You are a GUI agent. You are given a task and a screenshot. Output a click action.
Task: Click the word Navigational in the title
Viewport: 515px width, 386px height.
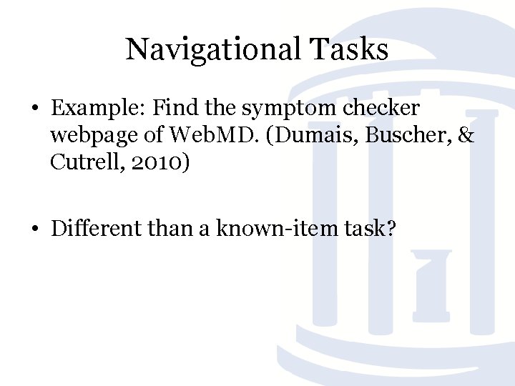pos(214,50)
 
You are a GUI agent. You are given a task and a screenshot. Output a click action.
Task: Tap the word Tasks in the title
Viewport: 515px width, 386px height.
pos(350,50)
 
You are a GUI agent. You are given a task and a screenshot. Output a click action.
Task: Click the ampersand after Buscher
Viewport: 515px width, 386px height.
pos(466,136)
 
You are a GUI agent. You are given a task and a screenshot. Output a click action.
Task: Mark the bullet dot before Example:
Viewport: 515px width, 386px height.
pos(34,109)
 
